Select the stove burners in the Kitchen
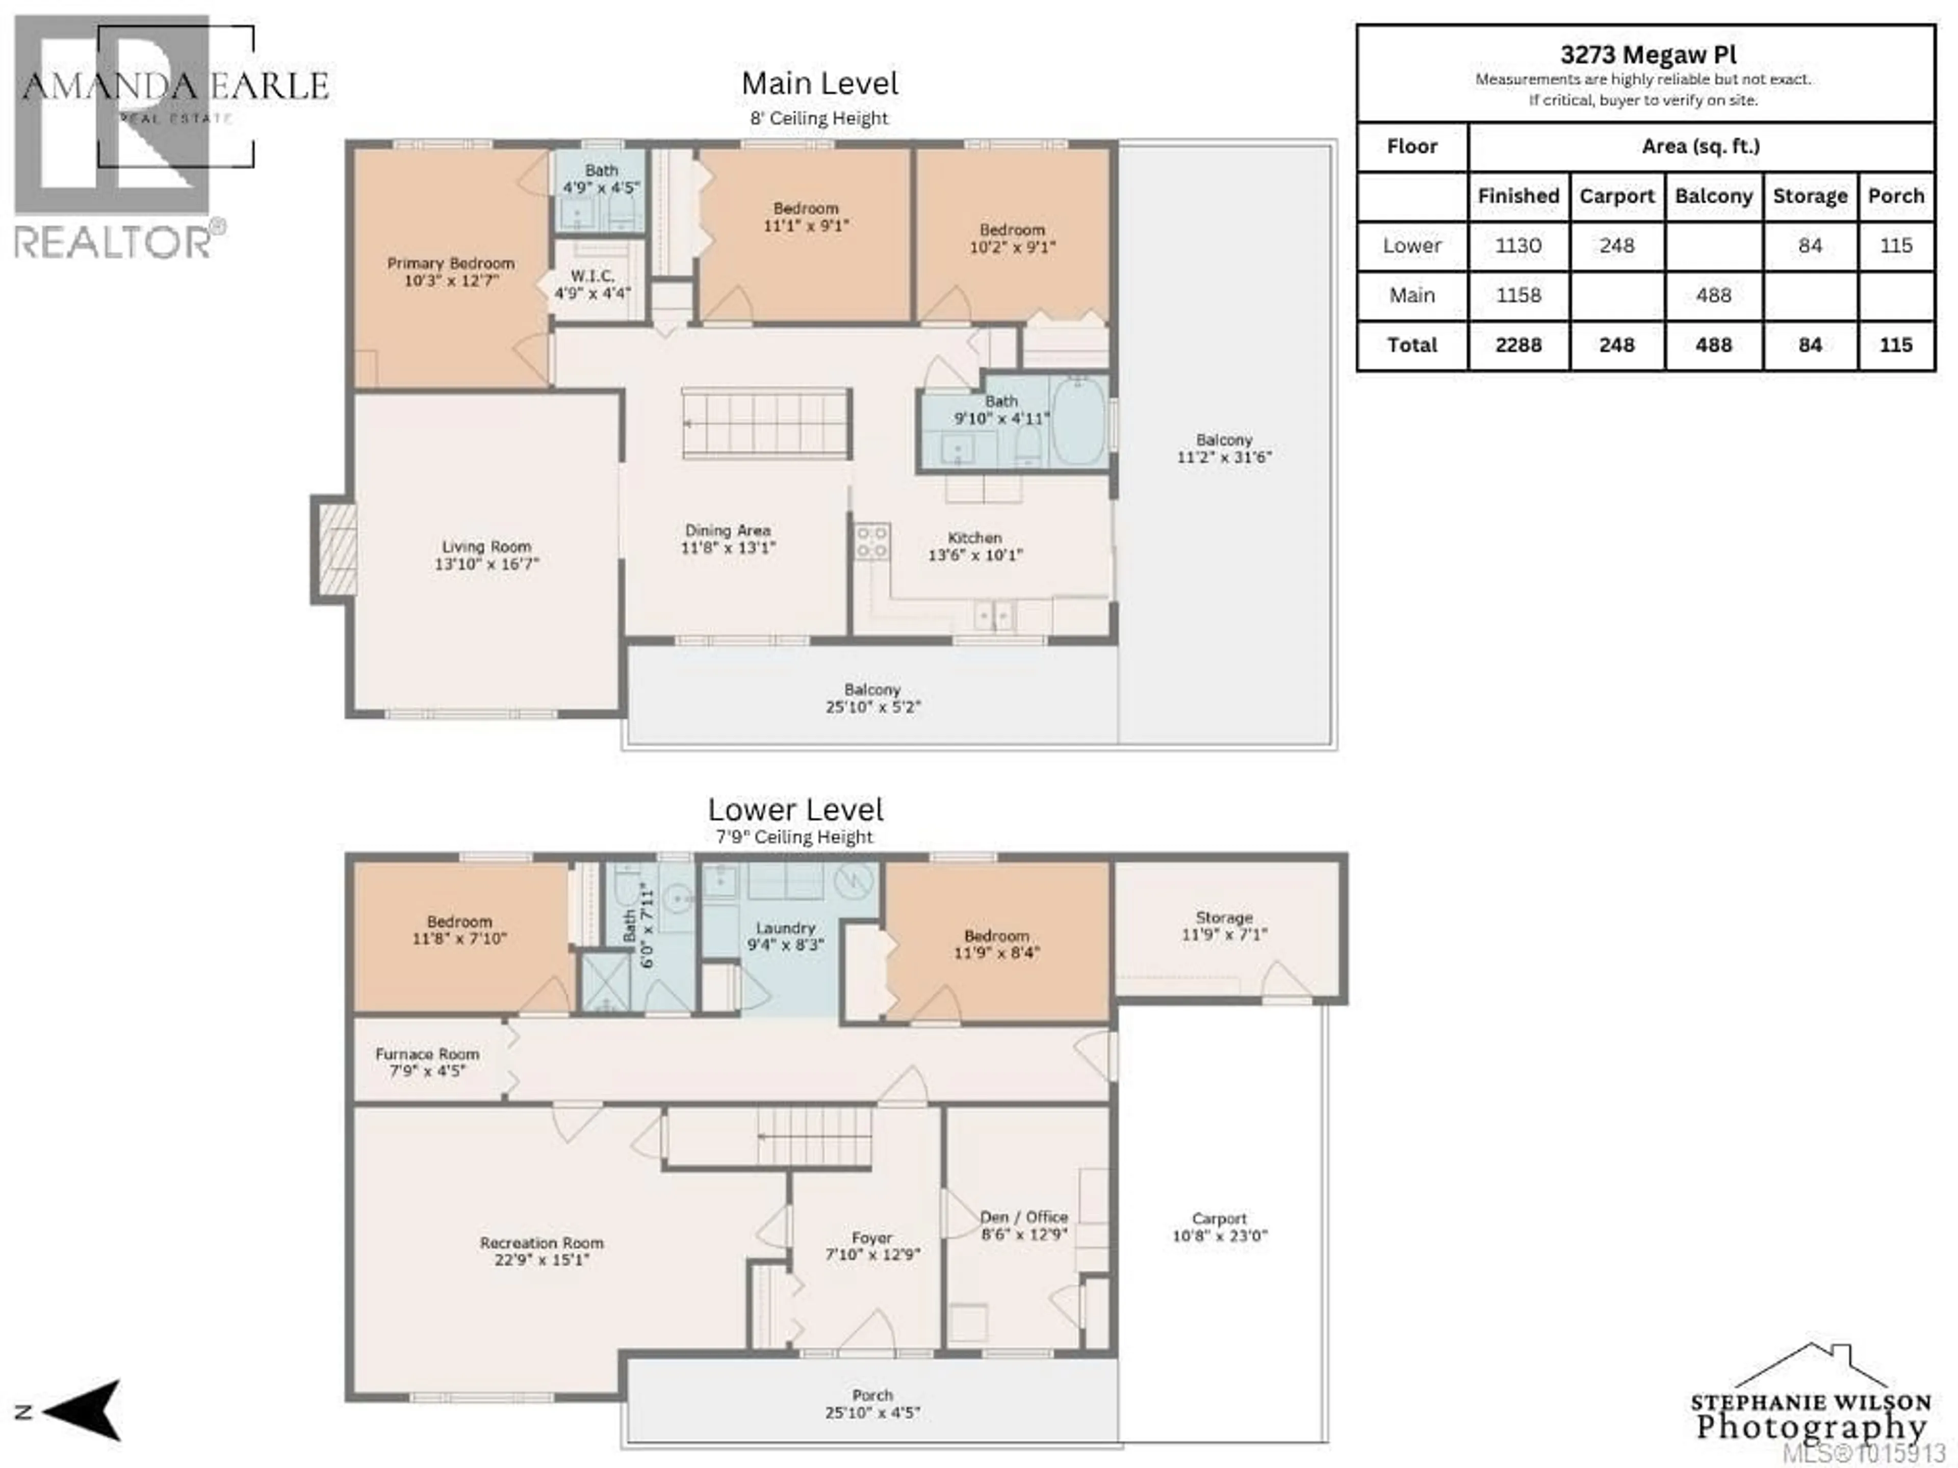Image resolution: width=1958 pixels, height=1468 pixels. (872, 541)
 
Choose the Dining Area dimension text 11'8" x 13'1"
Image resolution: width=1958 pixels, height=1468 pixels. (728, 548)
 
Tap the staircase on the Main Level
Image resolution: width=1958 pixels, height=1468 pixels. (766, 424)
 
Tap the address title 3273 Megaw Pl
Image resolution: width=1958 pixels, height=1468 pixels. (1647, 55)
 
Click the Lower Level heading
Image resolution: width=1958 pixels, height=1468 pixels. (795, 809)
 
